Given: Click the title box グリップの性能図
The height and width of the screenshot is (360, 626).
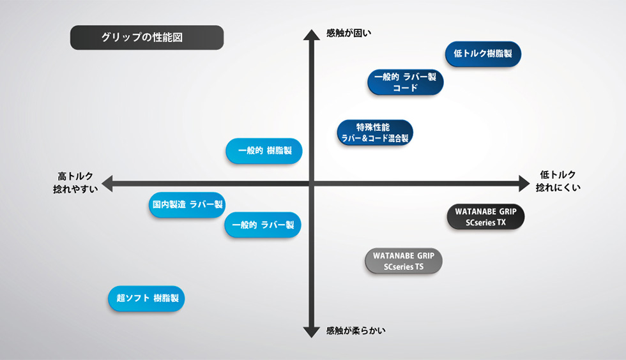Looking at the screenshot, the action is (x=147, y=38).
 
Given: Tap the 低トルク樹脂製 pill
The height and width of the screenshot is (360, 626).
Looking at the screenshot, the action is (x=483, y=54).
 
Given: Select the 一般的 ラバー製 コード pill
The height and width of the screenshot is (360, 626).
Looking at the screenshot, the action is (x=405, y=82).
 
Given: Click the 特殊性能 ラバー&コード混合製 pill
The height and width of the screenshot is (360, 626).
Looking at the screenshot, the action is (x=375, y=133).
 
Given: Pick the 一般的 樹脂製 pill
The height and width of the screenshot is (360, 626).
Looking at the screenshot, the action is (x=264, y=151).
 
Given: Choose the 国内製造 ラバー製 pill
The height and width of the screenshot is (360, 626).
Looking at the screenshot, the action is (x=187, y=205).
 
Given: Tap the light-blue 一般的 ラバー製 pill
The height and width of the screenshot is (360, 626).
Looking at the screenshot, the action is (x=263, y=225).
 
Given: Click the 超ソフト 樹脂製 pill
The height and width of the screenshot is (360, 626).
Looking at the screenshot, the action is (x=146, y=299).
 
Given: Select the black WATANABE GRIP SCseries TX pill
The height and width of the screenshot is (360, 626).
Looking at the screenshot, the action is (x=485, y=217).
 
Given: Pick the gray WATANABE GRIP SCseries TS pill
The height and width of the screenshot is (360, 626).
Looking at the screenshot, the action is (x=404, y=262).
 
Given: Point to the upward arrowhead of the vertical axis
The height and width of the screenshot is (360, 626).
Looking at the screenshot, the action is (x=312, y=35).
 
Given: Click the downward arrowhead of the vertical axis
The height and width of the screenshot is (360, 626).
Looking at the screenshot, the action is (x=312, y=332).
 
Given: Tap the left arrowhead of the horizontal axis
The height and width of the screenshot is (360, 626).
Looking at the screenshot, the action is (x=107, y=184).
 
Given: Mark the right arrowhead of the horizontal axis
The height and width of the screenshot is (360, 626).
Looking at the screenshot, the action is (x=524, y=184).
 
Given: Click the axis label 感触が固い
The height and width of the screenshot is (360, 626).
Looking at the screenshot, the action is (x=349, y=33).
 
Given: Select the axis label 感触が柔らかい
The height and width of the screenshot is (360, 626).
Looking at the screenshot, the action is (x=356, y=331).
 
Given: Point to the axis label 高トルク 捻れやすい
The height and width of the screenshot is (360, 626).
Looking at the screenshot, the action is (x=75, y=183).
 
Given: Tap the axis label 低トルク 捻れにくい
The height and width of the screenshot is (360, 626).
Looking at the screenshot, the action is (x=558, y=181).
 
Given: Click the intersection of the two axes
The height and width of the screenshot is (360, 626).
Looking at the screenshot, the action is (x=312, y=184).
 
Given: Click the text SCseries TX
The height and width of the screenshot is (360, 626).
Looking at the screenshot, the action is (x=485, y=223).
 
